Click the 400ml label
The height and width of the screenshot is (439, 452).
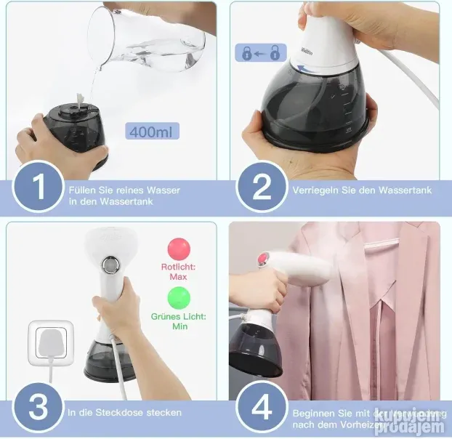153,132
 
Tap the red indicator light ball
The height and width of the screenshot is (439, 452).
179,249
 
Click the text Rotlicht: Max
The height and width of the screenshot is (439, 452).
179,272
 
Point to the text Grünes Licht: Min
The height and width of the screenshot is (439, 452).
179,322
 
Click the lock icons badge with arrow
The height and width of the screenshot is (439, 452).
260,52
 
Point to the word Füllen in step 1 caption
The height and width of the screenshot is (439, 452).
81,190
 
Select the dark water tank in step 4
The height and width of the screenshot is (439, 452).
255,351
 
